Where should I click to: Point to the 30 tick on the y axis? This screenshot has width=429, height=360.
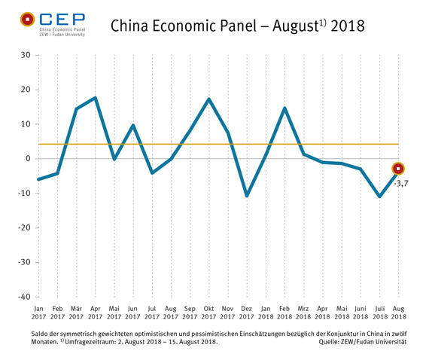click(26, 55)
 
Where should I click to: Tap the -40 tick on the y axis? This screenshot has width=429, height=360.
click(24, 297)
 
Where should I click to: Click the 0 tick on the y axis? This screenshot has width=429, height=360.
click(28, 159)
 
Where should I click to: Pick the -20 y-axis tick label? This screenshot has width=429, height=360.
click(24, 227)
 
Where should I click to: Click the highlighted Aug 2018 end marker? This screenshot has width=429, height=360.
click(398, 169)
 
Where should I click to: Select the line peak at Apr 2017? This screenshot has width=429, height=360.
click(95, 98)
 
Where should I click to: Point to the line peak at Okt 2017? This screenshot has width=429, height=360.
click(208, 99)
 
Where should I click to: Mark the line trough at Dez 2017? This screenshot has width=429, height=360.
click(247, 196)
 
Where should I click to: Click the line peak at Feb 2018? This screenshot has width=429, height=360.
click(284, 108)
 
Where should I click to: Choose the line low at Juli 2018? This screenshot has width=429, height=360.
click(379, 197)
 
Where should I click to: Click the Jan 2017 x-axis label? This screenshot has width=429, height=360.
click(38, 313)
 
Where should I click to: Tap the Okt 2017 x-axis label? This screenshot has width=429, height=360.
click(208, 313)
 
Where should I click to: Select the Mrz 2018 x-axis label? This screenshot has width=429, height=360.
click(303, 313)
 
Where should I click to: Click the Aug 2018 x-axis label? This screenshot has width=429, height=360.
click(398, 313)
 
